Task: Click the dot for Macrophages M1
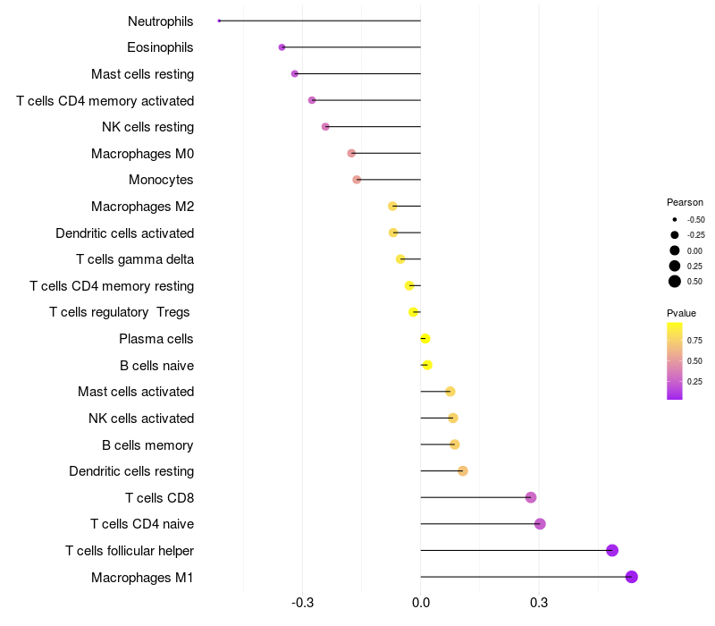[632, 577]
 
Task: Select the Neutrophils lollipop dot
[219, 21]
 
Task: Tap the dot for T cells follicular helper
[612, 550]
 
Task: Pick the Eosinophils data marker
[282, 47]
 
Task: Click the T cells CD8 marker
[531, 497]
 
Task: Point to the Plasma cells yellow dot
[425, 339]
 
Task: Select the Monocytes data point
[357, 180]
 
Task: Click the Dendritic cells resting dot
[463, 471]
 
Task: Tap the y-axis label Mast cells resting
[142, 74]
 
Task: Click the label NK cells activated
[141, 419]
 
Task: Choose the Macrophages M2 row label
[142, 207]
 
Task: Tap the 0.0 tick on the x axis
[420, 603]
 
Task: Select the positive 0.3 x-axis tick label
[539, 603]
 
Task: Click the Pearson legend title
[685, 202]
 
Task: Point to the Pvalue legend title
[681, 313]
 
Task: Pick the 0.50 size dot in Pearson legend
[675, 282]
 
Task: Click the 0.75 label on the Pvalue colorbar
[694, 340]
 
